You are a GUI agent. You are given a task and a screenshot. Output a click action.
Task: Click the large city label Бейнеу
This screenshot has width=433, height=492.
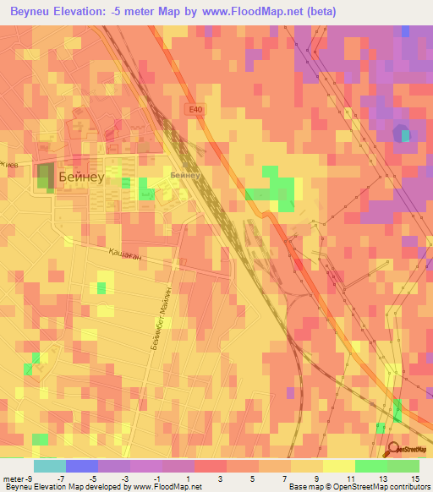tap(82, 177)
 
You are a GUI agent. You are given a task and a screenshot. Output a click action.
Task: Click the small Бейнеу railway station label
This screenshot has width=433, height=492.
tap(184, 175)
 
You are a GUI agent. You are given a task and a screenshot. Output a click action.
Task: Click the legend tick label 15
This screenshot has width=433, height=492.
tap(416, 478)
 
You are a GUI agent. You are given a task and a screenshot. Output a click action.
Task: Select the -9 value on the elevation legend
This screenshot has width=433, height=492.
tap(30, 478)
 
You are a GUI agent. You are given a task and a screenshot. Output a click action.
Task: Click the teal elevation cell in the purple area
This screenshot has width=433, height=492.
tap(405, 134)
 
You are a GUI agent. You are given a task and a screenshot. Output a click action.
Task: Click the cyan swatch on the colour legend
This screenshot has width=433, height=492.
tap(49, 466)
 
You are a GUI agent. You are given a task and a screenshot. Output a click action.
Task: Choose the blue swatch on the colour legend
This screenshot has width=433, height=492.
tap(81, 466)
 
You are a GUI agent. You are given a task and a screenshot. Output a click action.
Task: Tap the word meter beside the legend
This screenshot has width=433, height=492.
tap(12, 478)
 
